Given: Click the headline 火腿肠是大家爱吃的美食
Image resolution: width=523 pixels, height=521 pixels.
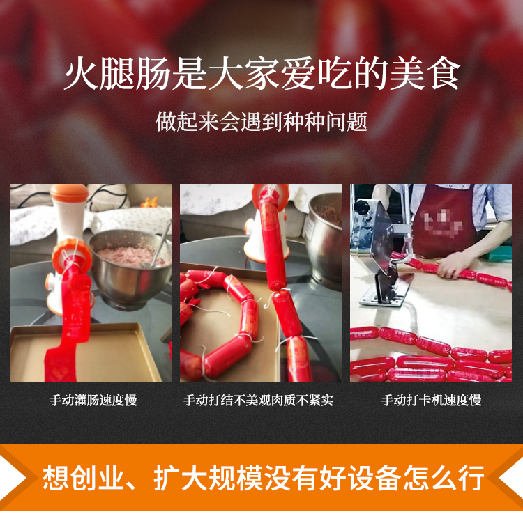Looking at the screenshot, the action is pyautogui.click(x=262, y=74).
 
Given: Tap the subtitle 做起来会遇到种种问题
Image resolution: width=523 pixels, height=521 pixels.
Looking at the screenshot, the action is pyautogui.click(x=261, y=122).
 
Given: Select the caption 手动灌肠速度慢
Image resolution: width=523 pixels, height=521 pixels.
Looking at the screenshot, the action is pyautogui.click(x=93, y=400).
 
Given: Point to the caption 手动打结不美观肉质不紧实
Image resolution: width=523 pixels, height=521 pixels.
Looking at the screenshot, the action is pyautogui.click(x=258, y=400).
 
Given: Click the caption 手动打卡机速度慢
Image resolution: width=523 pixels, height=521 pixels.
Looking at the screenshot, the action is pyautogui.click(x=431, y=400).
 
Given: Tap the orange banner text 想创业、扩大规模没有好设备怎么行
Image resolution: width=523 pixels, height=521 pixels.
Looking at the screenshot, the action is pyautogui.click(x=263, y=478).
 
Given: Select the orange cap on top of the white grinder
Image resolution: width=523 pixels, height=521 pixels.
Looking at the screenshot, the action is pyautogui.click(x=69, y=193).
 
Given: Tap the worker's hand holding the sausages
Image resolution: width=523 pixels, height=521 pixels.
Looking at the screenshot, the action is pyautogui.click(x=454, y=265).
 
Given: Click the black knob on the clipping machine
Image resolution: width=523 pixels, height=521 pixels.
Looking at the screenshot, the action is pyautogui.click(x=362, y=207).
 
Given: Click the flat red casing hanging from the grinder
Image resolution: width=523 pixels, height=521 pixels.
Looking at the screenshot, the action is pyautogui.click(x=68, y=323).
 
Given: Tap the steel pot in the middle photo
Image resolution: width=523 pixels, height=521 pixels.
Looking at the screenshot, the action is pyautogui.click(x=324, y=240).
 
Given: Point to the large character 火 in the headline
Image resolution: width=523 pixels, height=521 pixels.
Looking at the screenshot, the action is pyautogui.click(x=81, y=74).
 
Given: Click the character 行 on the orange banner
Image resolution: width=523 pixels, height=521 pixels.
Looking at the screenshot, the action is pyautogui.click(x=471, y=478).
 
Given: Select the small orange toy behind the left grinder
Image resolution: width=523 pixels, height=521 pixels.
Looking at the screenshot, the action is pyautogui.click(x=149, y=202).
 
